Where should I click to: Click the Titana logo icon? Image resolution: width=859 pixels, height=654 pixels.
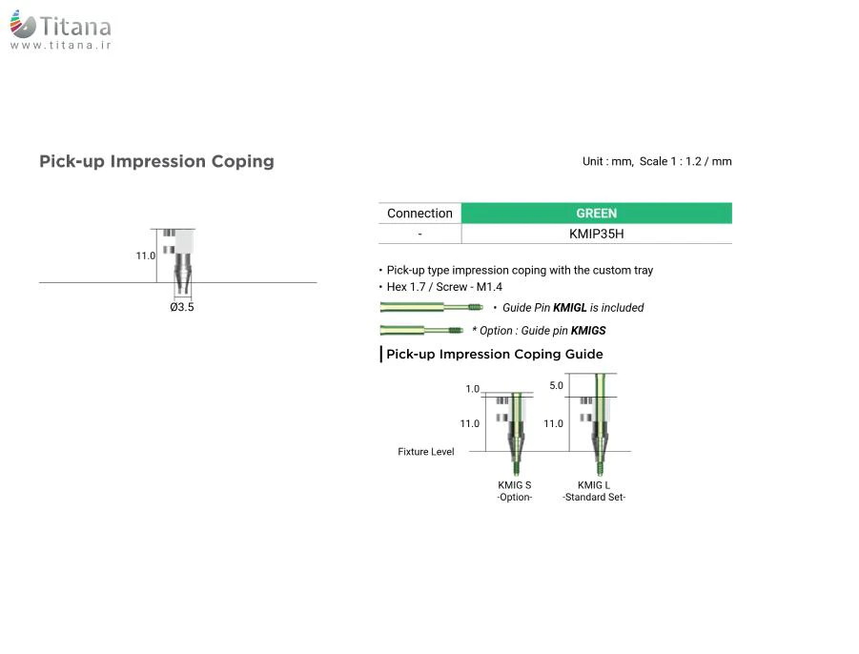click(x=23, y=24)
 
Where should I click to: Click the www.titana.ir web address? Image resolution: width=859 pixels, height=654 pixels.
click(x=61, y=46)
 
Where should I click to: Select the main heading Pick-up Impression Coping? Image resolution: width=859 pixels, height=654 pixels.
click(x=156, y=161)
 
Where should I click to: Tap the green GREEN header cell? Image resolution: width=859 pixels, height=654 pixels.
click(x=596, y=213)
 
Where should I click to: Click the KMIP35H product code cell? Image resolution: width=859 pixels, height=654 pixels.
click(x=596, y=234)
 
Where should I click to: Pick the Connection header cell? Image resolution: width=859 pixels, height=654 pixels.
click(x=419, y=213)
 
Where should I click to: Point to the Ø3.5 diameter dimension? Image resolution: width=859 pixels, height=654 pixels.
click(x=182, y=307)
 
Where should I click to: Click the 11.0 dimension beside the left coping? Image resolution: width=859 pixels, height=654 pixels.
click(x=145, y=255)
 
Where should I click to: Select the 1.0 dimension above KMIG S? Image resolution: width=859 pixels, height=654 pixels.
click(x=472, y=389)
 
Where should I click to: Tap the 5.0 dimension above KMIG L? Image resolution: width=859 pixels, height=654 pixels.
click(x=556, y=385)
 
